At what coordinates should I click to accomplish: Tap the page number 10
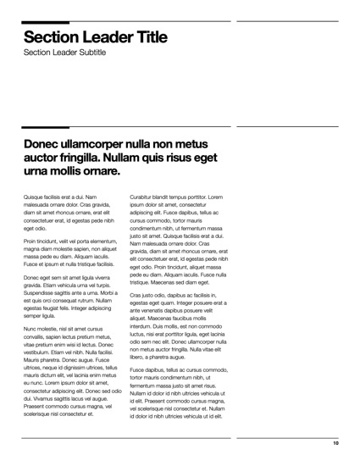tap(335, 443)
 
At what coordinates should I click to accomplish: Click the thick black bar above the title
tap(46, 22)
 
